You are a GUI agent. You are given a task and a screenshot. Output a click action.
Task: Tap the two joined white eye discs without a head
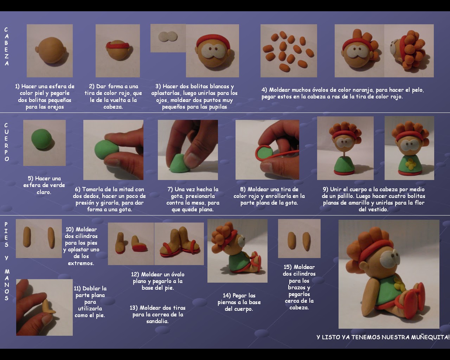coord(168,38)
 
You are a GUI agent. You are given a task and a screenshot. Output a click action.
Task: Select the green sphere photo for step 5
coord(44,143)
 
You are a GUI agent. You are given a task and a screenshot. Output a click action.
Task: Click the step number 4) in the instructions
coord(264,90)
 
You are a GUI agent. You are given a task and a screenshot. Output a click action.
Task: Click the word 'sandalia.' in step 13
coord(157,321)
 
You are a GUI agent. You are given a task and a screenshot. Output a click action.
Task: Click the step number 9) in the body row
coord(326,189)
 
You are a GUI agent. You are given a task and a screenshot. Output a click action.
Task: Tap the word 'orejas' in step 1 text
coord(56,107)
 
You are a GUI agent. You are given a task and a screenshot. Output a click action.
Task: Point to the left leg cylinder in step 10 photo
coord(27,237)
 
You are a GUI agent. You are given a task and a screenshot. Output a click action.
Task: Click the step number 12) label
coord(135,274)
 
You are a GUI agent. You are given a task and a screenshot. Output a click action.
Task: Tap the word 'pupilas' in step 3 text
coord(218,107)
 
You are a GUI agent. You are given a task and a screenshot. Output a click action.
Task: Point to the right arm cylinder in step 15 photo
coord(306,242)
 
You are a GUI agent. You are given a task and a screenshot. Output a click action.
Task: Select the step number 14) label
coord(227,295)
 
